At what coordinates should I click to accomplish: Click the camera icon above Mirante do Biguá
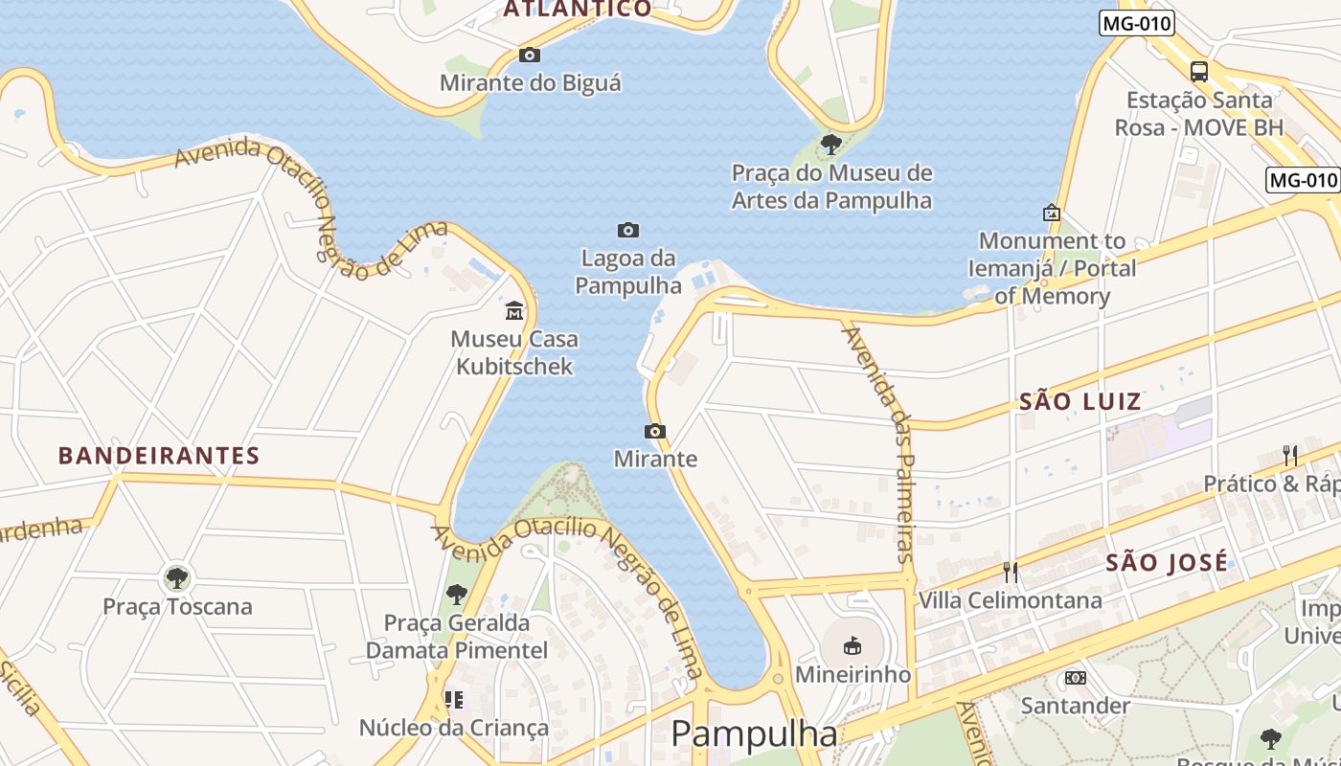click(x=529, y=56)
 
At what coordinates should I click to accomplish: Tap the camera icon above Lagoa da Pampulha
click(x=627, y=230)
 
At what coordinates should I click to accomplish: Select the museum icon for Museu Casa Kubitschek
click(x=514, y=311)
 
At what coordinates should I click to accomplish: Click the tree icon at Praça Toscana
click(x=176, y=577)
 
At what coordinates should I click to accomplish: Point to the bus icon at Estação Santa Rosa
click(x=1198, y=71)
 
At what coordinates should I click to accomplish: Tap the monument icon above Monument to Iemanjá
click(x=1051, y=213)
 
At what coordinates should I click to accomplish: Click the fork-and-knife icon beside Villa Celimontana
click(x=1011, y=573)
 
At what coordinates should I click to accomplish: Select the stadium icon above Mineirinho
click(x=852, y=646)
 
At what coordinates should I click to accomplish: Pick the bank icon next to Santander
click(x=1075, y=678)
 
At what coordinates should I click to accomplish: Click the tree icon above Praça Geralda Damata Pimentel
click(x=457, y=595)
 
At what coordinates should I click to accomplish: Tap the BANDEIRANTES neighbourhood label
click(x=159, y=456)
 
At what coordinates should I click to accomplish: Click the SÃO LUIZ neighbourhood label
click(x=1080, y=402)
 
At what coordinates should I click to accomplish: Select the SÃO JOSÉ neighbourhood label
click(x=1167, y=563)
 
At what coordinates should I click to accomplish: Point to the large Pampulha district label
click(x=754, y=734)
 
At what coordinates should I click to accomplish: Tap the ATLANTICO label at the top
click(x=578, y=10)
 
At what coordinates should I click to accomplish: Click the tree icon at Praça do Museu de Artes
click(x=831, y=145)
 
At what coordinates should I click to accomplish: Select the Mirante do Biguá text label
click(x=530, y=83)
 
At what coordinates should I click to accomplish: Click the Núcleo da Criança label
click(x=454, y=728)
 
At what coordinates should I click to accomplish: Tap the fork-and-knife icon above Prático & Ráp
click(x=1290, y=456)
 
